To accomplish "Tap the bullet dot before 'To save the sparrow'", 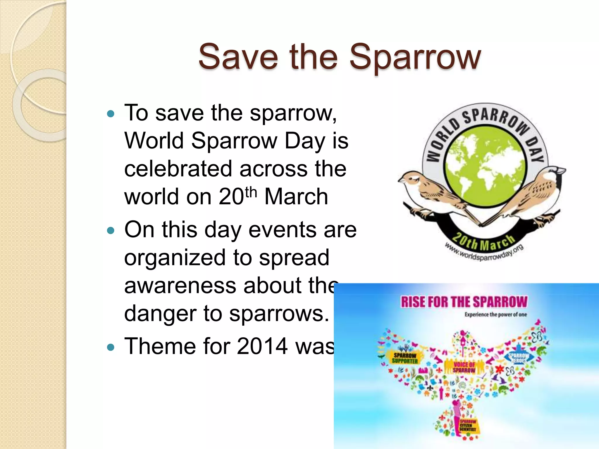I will pyautogui.click(x=110, y=114).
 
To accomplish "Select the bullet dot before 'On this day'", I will pyautogui.click(x=110, y=231).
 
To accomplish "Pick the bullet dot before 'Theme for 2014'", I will pyautogui.click(x=110, y=347).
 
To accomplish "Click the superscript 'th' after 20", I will pyautogui.click(x=251, y=192).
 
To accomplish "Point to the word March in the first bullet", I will pyautogui.click(x=296, y=197).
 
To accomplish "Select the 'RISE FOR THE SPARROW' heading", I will pyautogui.click(x=464, y=302).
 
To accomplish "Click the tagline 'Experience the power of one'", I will pyautogui.click(x=495, y=315).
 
